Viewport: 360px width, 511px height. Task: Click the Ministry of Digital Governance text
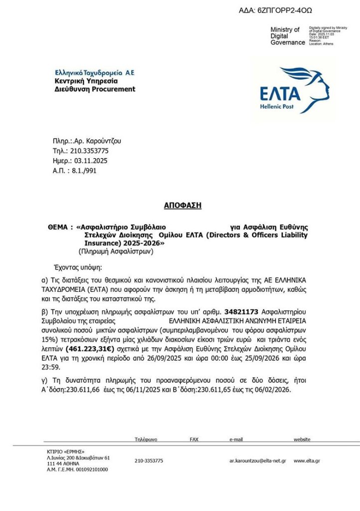[x=287, y=36]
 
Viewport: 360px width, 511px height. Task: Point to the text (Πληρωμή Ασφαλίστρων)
[x=116, y=252]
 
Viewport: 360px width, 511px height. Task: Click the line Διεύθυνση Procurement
[x=95, y=89]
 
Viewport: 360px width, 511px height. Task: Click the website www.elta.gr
[x=307, y=461]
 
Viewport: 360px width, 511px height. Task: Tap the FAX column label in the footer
[x=194, y=440]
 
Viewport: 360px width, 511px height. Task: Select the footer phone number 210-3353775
[x=149, y=461]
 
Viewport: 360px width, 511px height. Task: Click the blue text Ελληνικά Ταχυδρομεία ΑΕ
[x=95, y=72]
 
